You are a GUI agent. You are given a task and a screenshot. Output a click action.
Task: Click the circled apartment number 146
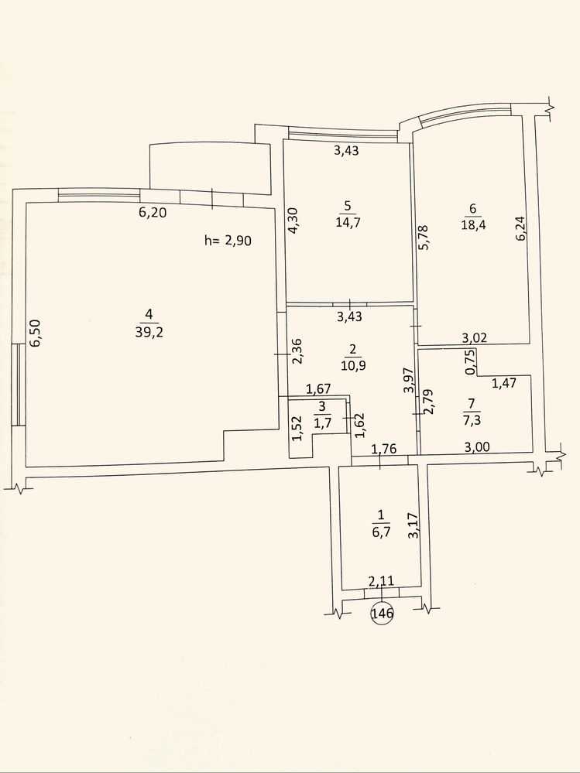[x=383, y=614]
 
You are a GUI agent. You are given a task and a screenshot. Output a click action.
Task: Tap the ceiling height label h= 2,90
[x=228, y=241]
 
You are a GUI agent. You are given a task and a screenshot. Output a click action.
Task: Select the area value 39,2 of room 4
[x=149, y=332]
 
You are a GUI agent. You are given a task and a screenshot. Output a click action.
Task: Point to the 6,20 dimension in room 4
[x=153, y=213]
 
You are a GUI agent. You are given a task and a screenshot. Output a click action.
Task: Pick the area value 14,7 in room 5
[x=348, y=222]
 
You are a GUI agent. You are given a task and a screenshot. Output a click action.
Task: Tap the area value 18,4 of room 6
[x=472, y=226]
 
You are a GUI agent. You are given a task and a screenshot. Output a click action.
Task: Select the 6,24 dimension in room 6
[x=520, y=229]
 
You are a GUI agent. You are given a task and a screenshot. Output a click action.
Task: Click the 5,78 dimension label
[x=423, y=237]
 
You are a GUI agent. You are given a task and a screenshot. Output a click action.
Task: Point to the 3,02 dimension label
[x=475, y=337]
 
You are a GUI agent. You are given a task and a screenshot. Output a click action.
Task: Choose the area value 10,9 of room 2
[x=352, y=366]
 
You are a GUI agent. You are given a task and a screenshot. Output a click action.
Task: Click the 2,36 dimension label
[x=297, y=351]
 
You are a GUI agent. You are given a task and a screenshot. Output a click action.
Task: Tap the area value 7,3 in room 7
[x=472, y=420]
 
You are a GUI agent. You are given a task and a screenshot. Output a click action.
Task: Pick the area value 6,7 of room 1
[x=380, y=532]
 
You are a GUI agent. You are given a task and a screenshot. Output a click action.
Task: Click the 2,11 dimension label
[x=382, y=581]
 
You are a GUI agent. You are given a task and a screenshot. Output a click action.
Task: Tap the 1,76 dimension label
[x=384, y=449]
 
